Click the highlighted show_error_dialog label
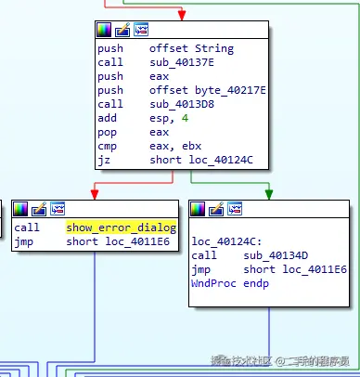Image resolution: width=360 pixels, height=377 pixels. tap(122, 227)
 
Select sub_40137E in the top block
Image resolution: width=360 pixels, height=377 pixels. tap(182, 62)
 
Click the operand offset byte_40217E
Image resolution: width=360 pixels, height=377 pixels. tap(208, 90)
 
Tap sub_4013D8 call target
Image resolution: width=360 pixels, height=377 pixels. tap(182, 104)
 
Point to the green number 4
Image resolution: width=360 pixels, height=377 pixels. tap(185, 118)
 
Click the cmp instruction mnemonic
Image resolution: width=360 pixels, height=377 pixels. tap(107, 147)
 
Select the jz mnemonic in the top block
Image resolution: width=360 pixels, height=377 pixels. tap(104, 161)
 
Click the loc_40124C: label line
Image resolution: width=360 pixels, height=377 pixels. tap(226, 241)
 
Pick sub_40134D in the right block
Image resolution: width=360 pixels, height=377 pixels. tap(276, 255)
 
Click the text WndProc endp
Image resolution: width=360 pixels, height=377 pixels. tap(230, 283)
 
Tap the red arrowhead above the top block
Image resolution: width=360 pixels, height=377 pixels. tap(182, 15)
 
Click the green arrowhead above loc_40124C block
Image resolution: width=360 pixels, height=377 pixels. tap(269, 194)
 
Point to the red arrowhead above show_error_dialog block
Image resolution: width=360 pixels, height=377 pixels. tap(95, 194)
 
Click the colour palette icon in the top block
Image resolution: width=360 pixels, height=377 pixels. tap(104, 30)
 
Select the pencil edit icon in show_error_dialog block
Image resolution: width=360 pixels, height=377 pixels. tap(39, 209)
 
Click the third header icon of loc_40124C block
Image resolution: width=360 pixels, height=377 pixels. tap(235, 209)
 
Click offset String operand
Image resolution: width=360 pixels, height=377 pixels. tap(192, 48)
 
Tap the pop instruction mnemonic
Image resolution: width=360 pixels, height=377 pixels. tap(107, 133)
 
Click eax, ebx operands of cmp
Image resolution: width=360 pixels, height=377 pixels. tap(175, 147)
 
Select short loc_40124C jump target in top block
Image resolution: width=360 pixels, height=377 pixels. tap(201, 161)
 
